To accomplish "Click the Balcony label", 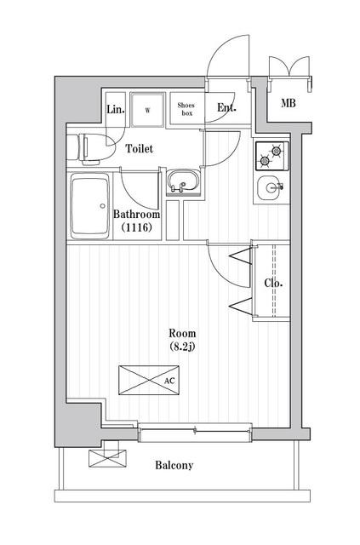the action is (x=174, y=466).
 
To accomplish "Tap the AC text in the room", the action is (x=169, y=381).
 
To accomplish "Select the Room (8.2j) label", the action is (x=182, y=340).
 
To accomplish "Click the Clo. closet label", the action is (x=273, y=283).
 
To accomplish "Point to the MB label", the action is (x=289, y=103).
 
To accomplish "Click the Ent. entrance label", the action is (x=226, y=108).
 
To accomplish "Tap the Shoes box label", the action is (x=186, y=109).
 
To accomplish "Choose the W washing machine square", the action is (x=147, y=110).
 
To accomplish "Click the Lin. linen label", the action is (x=116, y=110).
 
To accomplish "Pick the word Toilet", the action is (x=140, y=149).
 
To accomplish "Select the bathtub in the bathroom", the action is (x=90, y=206).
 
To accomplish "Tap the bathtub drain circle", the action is (x=102, y=206).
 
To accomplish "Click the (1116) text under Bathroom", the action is (x=137, y=227).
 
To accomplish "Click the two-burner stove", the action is (x=272, y=156).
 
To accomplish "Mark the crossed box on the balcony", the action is (x=107, y=458).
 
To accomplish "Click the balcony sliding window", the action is (x=195, y=432).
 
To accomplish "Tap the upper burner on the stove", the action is (x=277, y=151).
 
